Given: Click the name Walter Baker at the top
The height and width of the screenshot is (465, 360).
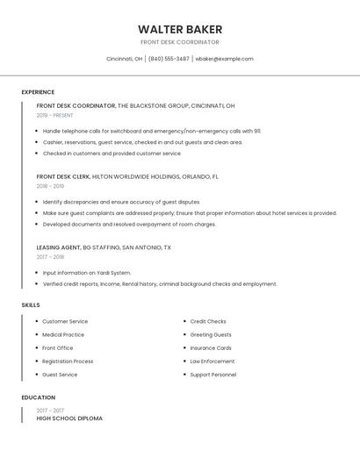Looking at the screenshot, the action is coord(180,29).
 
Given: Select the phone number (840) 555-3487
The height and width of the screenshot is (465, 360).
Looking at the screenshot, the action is coord(169,59).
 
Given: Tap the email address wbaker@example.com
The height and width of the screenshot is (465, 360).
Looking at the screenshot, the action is coord(224,59).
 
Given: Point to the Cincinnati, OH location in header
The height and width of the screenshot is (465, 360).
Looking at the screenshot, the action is coord(124,59).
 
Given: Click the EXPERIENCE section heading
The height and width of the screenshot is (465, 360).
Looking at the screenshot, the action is coord(38,92).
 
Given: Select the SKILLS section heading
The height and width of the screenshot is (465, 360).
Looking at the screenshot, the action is coord(31,305).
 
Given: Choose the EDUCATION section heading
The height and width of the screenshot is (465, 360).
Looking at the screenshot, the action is coord(38,397).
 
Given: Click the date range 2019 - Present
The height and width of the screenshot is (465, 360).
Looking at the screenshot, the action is coord(55,115).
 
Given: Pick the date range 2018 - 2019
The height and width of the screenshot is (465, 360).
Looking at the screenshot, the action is coord(50,186).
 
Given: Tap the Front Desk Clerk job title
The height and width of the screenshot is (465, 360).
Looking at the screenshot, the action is coord(63,176).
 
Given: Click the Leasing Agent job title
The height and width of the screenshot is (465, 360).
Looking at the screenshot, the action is coord(59,247).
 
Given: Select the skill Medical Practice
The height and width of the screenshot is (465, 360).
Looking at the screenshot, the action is coord(63,334).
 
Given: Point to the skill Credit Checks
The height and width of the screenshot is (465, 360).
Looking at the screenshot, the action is coord(208,321).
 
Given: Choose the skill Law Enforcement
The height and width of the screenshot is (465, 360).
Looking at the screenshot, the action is coord(212,361).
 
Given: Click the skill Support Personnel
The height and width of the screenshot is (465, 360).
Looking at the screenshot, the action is coord(213,375).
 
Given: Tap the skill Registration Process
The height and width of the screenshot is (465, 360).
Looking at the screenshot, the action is coord(68,361).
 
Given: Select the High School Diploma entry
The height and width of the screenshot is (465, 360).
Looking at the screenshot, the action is coord(69,418).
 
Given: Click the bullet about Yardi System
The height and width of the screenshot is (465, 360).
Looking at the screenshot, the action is coord(86,272).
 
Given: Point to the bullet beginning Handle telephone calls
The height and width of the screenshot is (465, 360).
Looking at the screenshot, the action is coord(151,130).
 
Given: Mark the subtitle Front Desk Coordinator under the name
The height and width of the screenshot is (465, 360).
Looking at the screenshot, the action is coord(180,42).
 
